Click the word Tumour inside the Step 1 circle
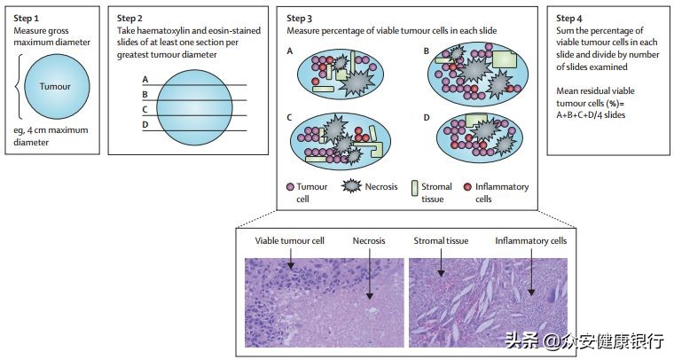point(55,87)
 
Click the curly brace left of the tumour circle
point(20,87)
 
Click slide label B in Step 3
point(427,51)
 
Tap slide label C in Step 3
point(290,117)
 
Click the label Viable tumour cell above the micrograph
point(289,240)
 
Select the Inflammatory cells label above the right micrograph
point(530,240)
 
